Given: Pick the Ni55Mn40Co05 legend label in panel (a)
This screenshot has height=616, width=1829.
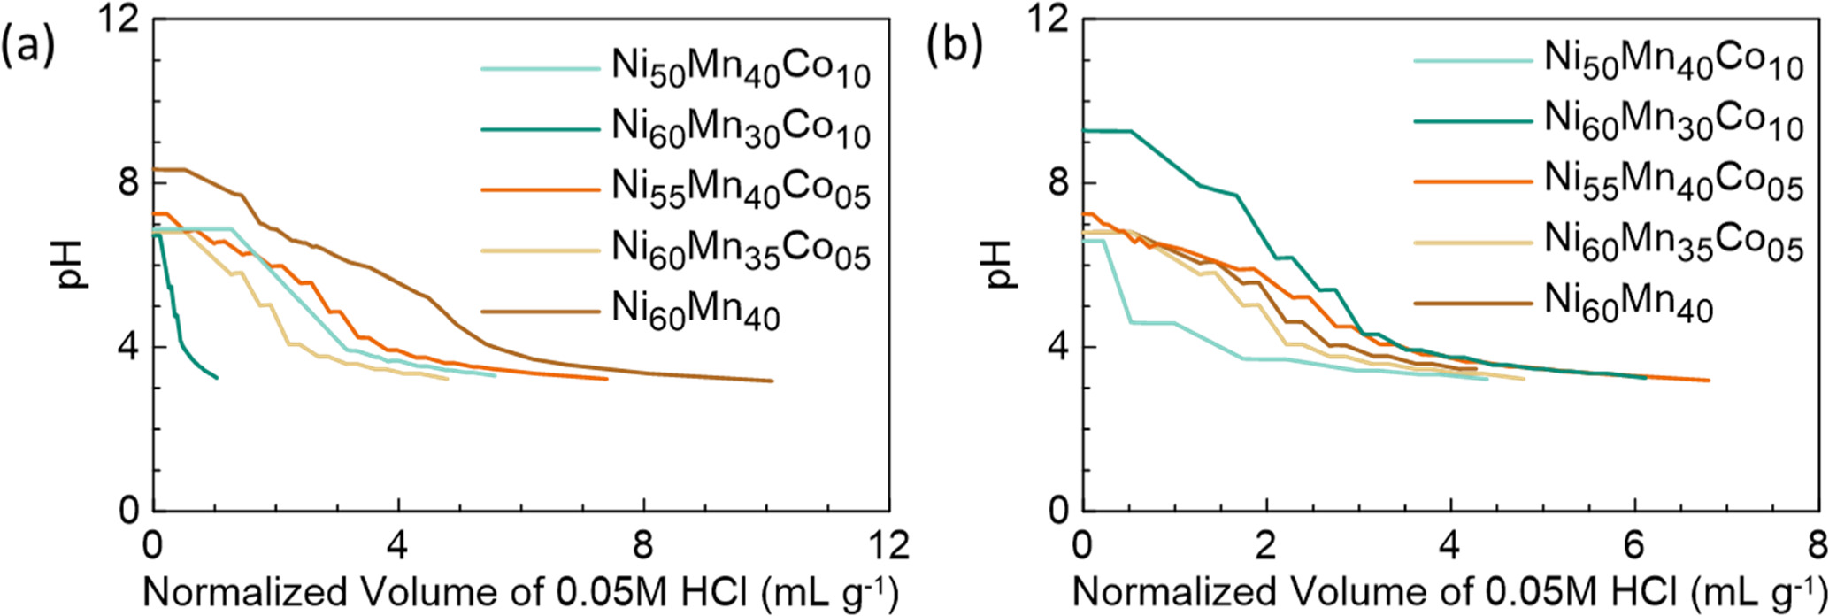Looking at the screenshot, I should (741, 190).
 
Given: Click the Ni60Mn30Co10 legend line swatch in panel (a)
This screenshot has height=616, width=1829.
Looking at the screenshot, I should (541, 130).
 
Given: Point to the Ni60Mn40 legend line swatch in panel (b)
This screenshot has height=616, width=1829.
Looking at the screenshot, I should (1472, 303).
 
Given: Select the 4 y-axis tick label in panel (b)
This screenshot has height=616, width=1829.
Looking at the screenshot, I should (1060, 347).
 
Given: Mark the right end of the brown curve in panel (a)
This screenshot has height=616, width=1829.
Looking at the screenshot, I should (772, 381).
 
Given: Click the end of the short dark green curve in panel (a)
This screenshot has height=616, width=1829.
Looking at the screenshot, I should (217, 378).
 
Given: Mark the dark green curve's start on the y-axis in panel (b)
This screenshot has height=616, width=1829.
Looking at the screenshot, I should (1083, 130).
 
